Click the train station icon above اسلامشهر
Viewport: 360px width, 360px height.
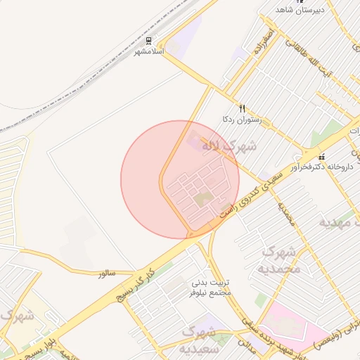point(149,41)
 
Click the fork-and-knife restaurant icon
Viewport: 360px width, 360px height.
point(243,108)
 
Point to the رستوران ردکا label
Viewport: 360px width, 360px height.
point(242,120)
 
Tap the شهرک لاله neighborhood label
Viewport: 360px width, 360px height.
point(229,147)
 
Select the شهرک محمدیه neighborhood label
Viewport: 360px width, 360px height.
point(281,260)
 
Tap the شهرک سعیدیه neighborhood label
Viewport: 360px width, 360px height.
point(201,339)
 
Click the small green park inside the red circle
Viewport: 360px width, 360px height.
point(203,200)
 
